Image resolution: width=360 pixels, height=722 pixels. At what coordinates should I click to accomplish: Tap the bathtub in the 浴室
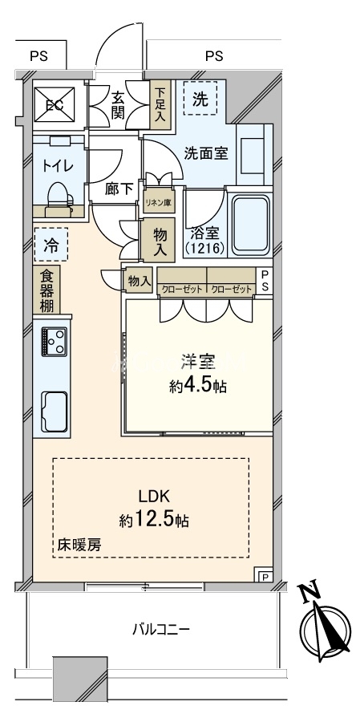250,225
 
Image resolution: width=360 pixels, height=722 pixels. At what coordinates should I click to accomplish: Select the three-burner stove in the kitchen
55,341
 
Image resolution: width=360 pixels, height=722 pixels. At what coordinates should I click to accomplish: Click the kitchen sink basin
55,412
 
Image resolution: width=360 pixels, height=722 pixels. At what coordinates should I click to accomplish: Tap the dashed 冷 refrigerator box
51,245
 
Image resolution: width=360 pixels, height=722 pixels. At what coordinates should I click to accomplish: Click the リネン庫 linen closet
159,201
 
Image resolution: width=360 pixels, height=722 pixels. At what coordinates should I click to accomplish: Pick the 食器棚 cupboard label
47,290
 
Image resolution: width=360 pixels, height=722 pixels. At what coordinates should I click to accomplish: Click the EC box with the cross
54,103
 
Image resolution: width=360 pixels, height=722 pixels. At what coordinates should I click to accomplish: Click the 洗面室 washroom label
206,153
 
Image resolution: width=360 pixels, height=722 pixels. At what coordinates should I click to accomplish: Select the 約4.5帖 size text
197,386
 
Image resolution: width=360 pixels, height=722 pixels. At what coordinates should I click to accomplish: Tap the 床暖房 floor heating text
79,546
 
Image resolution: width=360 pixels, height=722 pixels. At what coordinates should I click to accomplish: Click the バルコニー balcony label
161,628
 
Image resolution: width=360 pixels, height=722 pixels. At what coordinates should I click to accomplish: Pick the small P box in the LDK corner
265,575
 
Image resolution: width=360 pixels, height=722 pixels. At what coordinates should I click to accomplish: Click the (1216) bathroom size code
204,248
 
